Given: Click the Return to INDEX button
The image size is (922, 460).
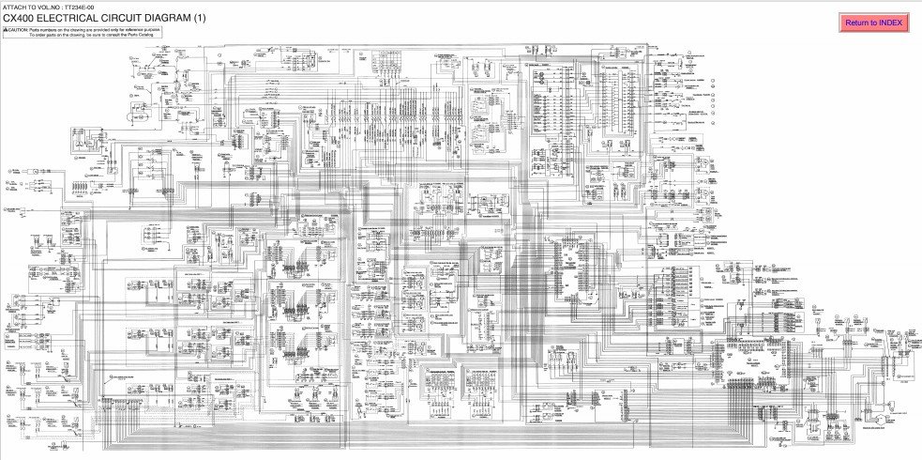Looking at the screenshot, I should [873, 23].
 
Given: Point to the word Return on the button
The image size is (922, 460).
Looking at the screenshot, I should [857, 23].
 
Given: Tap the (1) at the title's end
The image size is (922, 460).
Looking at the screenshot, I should [200, 18].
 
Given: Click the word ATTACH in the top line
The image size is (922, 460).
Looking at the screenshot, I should [13, 7].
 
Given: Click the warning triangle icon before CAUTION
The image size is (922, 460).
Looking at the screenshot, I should [6, 30].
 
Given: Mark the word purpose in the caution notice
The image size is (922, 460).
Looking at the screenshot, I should [151, 30].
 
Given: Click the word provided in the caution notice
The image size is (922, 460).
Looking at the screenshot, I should [98, 30].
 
